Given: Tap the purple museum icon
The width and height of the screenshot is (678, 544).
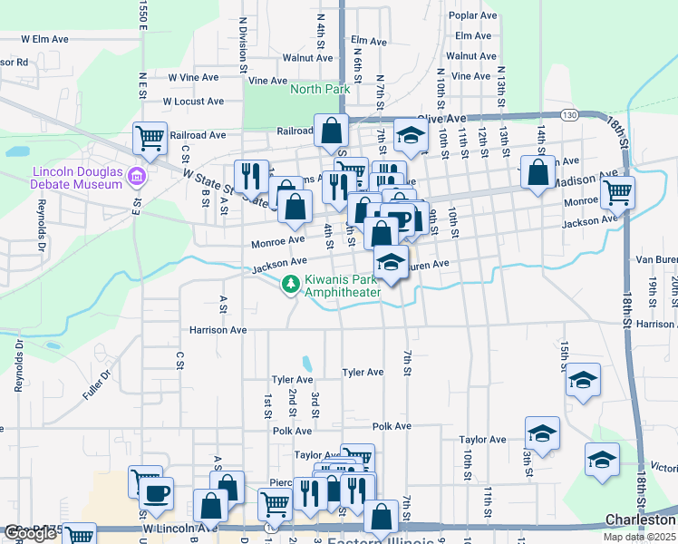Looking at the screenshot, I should pyautogui.click(x=137, y=175).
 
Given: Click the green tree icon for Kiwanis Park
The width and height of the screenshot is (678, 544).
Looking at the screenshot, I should pyautogui.click(x=291, y=285).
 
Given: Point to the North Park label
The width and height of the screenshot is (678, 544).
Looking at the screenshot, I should pyautogui.click(x=319, y=90).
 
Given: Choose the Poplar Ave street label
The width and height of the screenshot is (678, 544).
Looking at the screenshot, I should pyautogui.click(x=479, y=16).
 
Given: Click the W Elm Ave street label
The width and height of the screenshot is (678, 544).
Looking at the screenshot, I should pyautogui.click(x=44, y=40).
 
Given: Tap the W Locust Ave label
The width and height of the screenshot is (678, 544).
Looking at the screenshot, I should pyautogui.click(x=192, y=102).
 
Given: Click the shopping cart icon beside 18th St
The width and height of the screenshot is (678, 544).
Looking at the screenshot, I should pyautogui.click(x=617, y=191).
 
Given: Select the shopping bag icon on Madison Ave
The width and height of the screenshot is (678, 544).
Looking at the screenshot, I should pyautogui.click(x=539, y=171).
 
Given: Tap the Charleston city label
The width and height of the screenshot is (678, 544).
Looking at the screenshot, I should pyautogui.click(x=640, y=521).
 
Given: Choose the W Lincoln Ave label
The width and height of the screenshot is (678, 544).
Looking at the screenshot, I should pyautogui.click(x=179, y=527).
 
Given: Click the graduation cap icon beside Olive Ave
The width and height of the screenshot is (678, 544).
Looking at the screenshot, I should pyautogui.click(x=411, y=136).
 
